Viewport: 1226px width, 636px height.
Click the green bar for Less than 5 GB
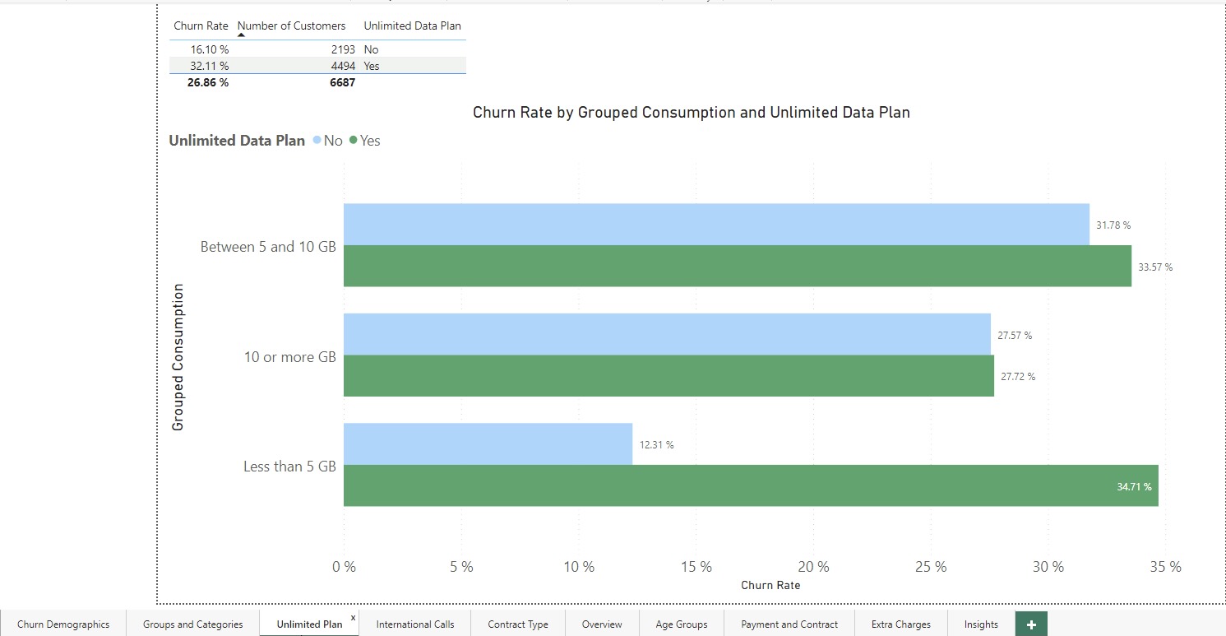coord(750,485)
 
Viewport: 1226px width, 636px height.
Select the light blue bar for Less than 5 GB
coord(488,444)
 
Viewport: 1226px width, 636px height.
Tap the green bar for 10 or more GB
coord(668,376)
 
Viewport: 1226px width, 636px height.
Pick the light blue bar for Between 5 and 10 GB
coord(715,225)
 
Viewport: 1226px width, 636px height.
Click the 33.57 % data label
coord(1155,267)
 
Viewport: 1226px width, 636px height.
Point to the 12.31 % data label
coord(656,445)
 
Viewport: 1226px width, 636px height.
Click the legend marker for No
coord(317,141)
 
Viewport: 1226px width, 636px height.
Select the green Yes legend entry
coord(364,141)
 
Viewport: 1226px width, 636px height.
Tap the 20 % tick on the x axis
coord(813,567)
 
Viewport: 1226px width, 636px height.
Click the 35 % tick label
coord(1165,567)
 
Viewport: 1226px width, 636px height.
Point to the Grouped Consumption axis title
coord(178,357)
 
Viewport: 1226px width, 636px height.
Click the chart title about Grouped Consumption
coord(691,113)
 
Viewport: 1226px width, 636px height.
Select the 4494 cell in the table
coord(342,66)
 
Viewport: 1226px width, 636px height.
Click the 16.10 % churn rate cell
coord(210,49)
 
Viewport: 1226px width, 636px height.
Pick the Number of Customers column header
coord(291,26)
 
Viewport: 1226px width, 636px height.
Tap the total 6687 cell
coord(342,82)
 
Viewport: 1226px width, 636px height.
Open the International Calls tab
coord(415,624)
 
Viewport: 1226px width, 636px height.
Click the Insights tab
coord(981,624)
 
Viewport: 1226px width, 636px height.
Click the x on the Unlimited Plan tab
coord(354,617)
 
